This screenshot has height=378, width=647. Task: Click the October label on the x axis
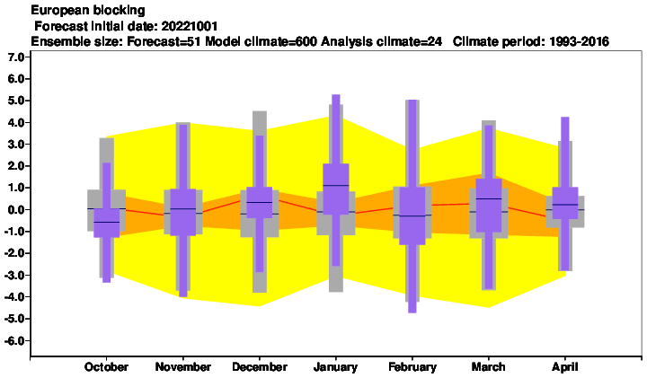[x=106, y=367]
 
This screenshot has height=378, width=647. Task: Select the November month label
[x=182, y=367]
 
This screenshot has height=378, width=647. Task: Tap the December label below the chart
[x=260, y=367]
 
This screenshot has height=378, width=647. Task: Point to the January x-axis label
[x=335, y=367]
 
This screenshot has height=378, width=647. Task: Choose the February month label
[x=412, y=367]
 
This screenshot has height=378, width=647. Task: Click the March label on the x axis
[x=489, y=367]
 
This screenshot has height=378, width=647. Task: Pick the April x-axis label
[x=565, y=367]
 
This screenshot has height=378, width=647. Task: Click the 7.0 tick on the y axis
[x=16, y=57]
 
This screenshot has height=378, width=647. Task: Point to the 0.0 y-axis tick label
[x=16, y=210]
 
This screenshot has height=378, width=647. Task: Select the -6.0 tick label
[x=14, y=341]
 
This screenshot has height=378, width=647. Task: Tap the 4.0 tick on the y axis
[x=16, y=122]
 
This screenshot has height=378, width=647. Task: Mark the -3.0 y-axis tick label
[x=14, y=276]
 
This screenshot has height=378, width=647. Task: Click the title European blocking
[x=88, y=10]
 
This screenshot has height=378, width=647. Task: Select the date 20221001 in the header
[x=190, y=26]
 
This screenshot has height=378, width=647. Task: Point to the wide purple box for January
[x=336, y=189]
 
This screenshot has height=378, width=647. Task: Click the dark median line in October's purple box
[x=106, y=222]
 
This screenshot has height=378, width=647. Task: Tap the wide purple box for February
[x=412, y=216]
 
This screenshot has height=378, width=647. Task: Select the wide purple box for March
[x=489, y=206]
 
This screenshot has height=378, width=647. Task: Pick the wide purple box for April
[x=565, y=203]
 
